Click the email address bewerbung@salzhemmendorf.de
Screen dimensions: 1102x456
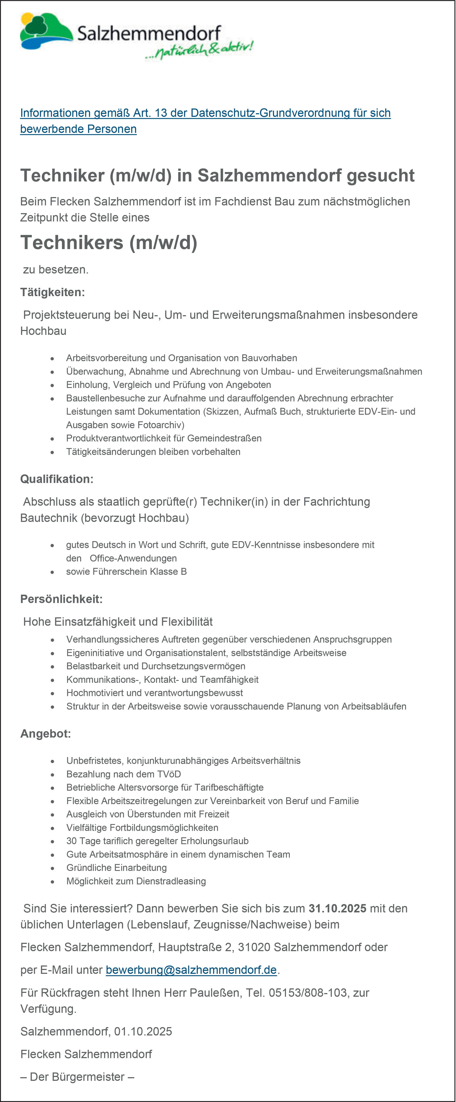(x=191, y=970)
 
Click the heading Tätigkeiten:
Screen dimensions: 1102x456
(x=52, y=292)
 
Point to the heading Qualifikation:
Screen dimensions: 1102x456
(x=57, y=479)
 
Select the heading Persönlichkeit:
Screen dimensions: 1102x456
(x=61, y=599)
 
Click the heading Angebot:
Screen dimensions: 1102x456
(x=45, y=734)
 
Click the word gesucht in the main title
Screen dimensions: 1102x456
(x=380, y=175)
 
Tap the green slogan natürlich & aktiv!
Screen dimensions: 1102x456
(x=199, y=50)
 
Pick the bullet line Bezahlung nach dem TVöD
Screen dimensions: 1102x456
(x=123, y=774)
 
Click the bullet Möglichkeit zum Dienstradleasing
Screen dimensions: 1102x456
(x=136, y=881)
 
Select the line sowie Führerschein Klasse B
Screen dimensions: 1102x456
(x=126, y=572)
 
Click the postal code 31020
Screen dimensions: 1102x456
(x=254, y=947)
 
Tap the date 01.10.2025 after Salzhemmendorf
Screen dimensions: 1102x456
(x=143, y=1031)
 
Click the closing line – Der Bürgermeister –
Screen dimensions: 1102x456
(x=77, y=1077)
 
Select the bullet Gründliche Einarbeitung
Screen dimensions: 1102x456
(x=117, y=867)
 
